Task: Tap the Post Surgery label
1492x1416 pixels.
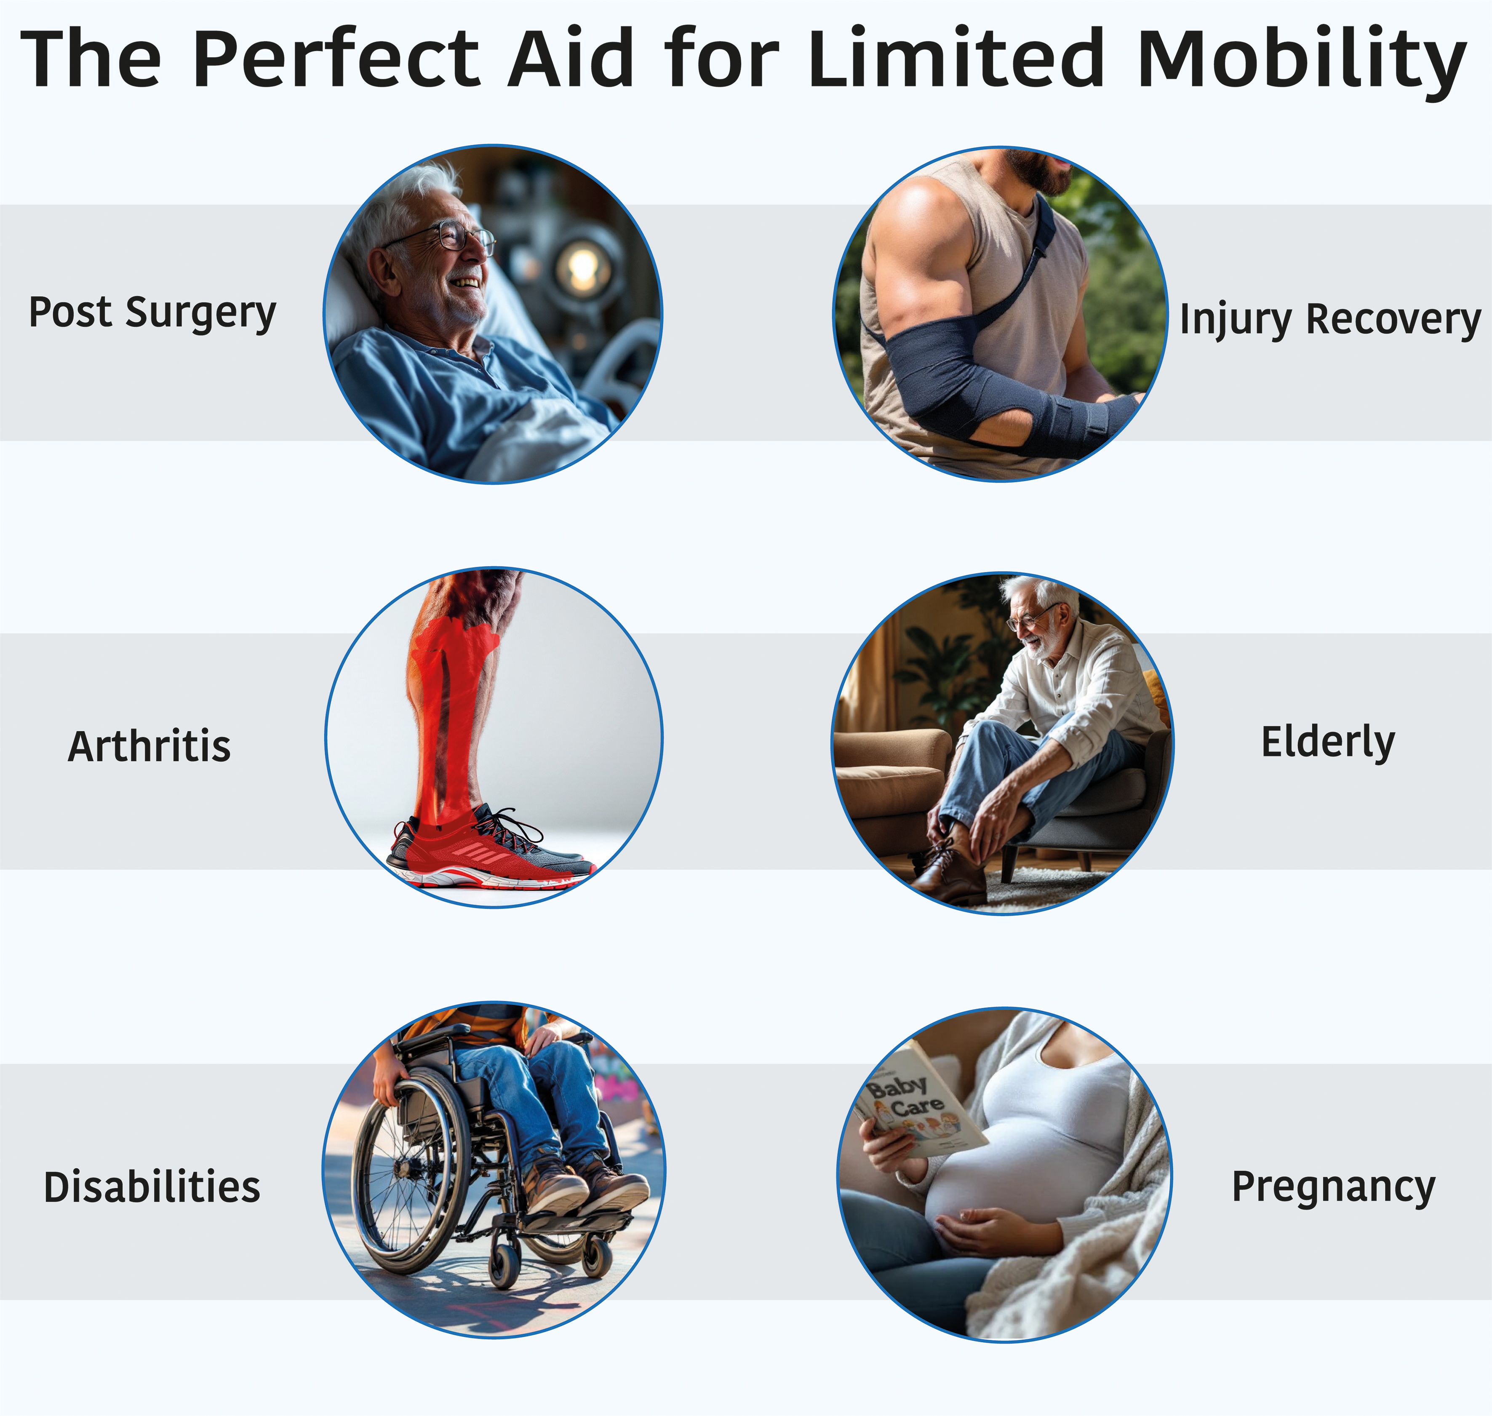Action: point(152,313)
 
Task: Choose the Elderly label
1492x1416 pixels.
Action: point(1328,743)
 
